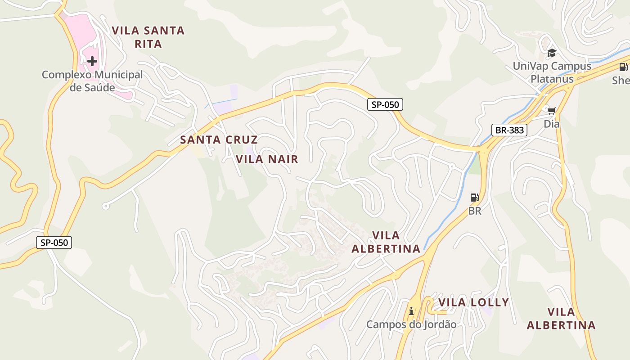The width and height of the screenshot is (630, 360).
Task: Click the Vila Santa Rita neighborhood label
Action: [x=148, y=37]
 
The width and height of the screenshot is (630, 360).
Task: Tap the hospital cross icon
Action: [x=92, y=61]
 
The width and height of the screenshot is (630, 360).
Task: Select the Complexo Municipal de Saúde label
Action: [x=92, y=81]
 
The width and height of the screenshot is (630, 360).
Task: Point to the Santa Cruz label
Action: [x=219, y=139]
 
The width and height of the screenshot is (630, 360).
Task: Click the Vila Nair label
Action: [x=267, y=159]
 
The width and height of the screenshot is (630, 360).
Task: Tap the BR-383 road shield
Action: [x=509, y=130]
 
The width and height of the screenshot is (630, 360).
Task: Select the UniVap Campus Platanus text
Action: [x=552, y=72]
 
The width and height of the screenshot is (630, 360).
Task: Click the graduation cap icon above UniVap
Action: [x=552, y=53]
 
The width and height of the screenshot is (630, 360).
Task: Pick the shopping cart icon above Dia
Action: [x=551, y=110]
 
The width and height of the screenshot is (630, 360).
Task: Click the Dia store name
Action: [x=551, y=123]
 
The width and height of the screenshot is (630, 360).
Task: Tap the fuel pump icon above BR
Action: [x=474, y=197]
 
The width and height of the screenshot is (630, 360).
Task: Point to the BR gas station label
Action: [x=475, y=211]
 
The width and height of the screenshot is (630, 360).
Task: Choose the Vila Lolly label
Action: [x=473, y=302]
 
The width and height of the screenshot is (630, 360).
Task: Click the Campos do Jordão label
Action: [x=411, y=324]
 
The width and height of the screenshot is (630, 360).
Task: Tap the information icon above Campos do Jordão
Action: [x=411, y=311]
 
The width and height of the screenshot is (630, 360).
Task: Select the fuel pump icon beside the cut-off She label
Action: [x=623, y=67]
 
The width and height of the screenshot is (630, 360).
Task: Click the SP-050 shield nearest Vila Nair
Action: [x=385, y=105]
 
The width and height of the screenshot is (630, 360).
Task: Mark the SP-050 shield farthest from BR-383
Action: [x=54, y=243]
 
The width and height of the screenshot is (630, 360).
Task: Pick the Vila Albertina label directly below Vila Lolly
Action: [x=561, y=318]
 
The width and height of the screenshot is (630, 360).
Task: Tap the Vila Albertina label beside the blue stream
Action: [x=386, y=242]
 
